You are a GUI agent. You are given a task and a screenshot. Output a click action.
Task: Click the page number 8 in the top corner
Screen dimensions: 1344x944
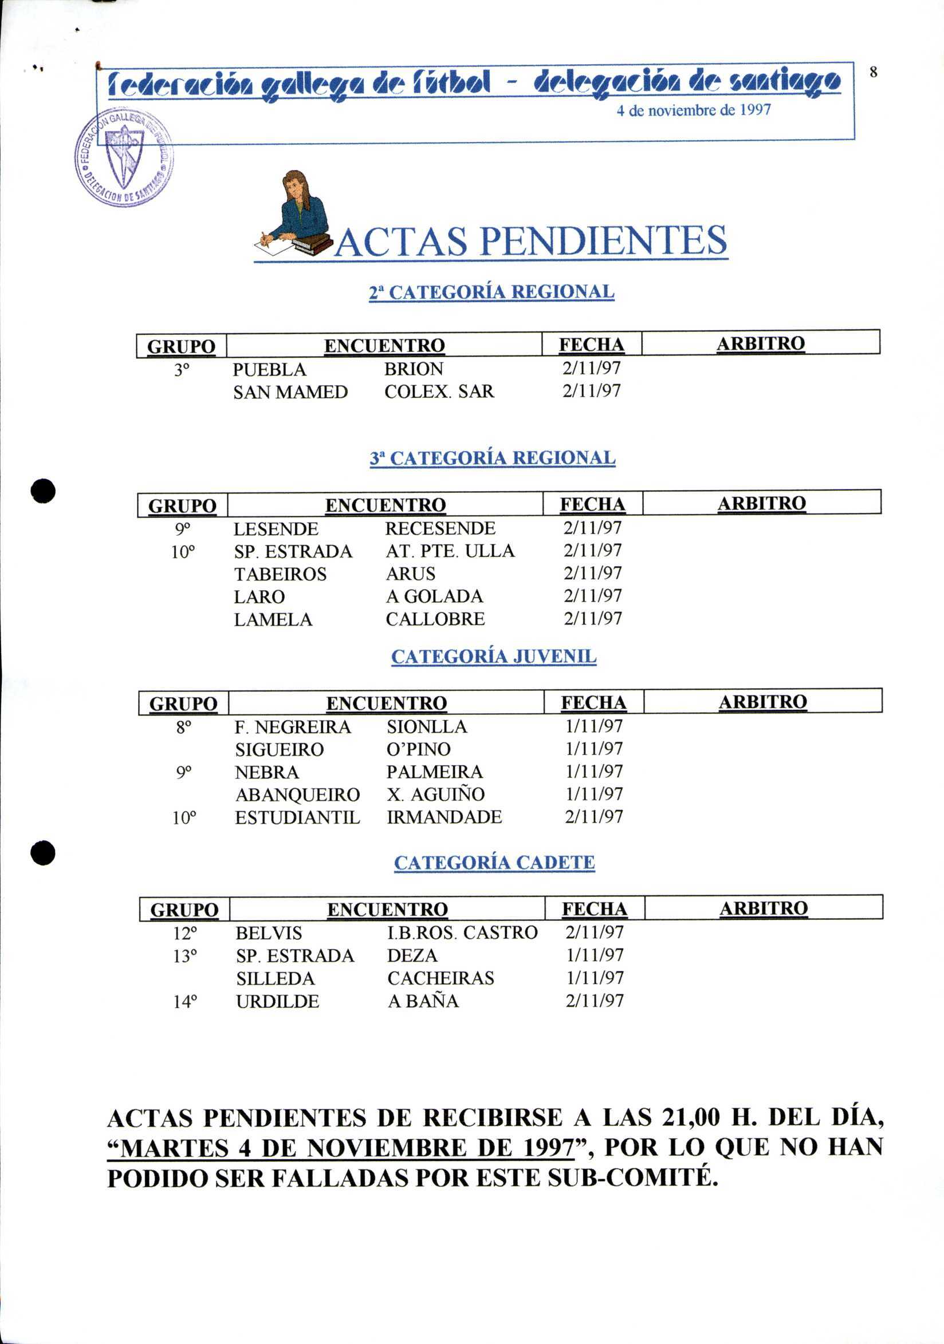tap(873, 72)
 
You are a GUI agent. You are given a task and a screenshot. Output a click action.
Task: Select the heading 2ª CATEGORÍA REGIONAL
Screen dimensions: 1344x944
tap(491, 291)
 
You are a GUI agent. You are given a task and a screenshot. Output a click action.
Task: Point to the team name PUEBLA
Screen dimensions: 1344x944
tap(269, 369)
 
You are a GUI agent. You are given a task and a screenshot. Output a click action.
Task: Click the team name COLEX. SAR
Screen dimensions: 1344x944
tap(439, 391)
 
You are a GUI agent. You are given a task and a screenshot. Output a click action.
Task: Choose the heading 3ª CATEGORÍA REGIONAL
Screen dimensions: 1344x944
tap(493, 457)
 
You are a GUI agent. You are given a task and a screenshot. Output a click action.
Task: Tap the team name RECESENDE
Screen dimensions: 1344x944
tap(440, 528)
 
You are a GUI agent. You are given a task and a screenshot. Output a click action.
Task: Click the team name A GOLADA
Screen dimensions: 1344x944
tap(435, 596)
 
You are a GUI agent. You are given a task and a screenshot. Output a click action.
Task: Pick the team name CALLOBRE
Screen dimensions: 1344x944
tap(435, 619)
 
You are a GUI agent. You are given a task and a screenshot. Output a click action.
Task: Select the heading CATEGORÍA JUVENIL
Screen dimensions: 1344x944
tap(494, 656)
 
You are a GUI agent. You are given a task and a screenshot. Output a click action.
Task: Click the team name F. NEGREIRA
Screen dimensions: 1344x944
tap(293, 727)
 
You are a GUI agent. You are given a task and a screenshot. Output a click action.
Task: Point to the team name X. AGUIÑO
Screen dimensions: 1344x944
tap(436, 794)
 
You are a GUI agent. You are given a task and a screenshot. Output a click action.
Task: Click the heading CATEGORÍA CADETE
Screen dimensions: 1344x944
tap(494, 862)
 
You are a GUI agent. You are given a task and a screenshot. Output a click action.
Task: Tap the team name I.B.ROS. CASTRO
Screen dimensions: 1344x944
tap(463, 932)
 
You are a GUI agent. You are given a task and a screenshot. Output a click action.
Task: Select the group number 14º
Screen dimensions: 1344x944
tap(185, 1002)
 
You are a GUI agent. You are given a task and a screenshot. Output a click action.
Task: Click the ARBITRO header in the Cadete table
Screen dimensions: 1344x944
tap(764, 908)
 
